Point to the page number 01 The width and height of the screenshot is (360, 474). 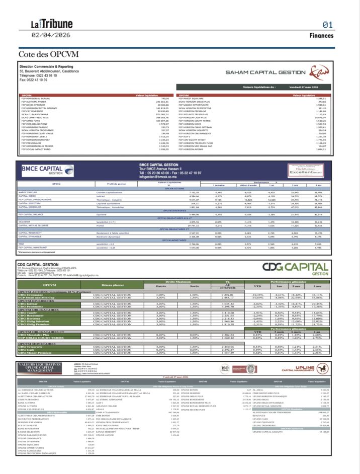point(327,24)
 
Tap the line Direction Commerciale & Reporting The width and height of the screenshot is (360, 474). point(46,66)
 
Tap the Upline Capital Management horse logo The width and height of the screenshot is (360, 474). point(322,368)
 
